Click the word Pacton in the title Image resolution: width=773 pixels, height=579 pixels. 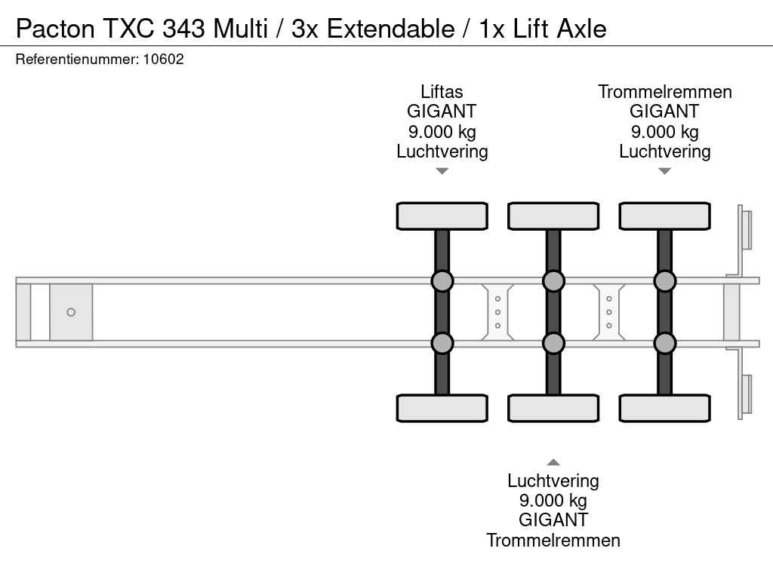pyautogui.click(x=55, y=29)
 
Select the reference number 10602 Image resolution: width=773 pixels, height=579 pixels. pyautogui.click(x=163, y=59)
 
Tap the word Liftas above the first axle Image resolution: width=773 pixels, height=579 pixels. pyautogui.click(x=442, y=92)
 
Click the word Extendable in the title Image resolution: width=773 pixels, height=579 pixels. pyautogui.click(x=390, y=29)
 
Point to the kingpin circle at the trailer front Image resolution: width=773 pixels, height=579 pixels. pyautogui.click(x=71, y=312)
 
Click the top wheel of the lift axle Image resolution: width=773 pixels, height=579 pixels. pyautogui.click(x=442, y=216)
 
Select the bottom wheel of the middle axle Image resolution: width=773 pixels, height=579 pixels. pyautogui.click(x=553, y=408)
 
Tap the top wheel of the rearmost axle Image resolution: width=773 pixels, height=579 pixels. pyautogui.click(x=664, y=216)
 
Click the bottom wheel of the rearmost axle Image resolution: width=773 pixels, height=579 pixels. pyautogui.click(x=664, y=408)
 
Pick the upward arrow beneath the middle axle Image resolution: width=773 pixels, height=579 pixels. pyautogui.click(x=553, y=462)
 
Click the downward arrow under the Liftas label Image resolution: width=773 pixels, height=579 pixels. pyautogui.click(x=442, y=171)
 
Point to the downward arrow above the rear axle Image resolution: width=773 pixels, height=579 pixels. pyautogui.click(x=664, y=171)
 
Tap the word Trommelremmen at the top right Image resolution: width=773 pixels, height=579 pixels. pyautogui.click(x=664, y=92)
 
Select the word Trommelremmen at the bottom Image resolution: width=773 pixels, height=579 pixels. pyautogui.click(x=553, y=540)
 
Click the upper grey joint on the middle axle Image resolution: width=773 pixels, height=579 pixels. pyautogui.click(x=553, y=281)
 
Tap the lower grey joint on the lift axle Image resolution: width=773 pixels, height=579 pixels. pyautogui.click(x=442, y=343)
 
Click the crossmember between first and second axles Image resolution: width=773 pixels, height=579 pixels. pyautogui.click(x=497, y=312)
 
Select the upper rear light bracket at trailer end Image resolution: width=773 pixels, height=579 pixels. pyautogui.click(x=744, y=229)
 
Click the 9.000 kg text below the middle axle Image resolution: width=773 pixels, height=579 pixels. pyautogui.click(x=553, y=501)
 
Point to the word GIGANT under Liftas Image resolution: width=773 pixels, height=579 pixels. pyautogui.click(x=442, y=112)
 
